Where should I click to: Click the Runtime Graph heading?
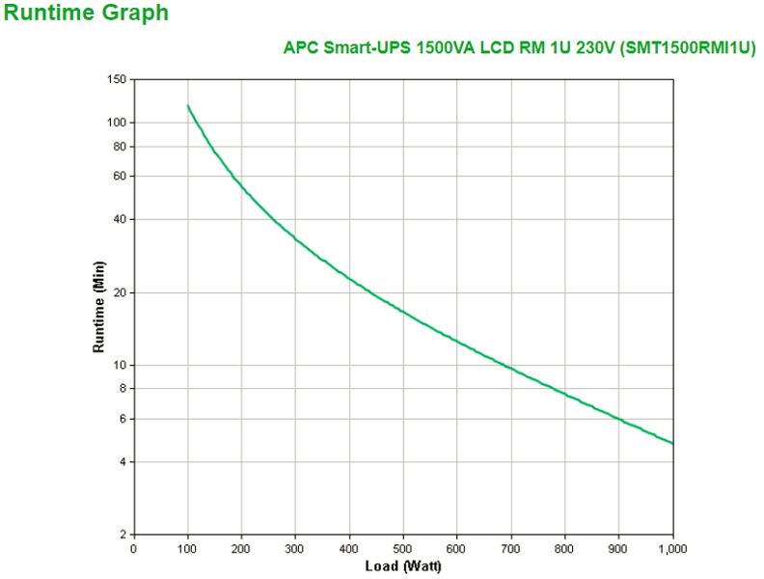[x=86, y=14]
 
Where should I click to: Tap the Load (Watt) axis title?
[x=403, y=565]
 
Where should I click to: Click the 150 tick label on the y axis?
[x=118, y=79]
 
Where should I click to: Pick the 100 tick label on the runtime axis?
[x=118, y=123]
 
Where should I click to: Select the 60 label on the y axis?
[x=121, y=176]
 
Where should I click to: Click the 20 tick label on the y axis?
[x=121, y=292]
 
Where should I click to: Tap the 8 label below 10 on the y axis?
[x=123, y=388]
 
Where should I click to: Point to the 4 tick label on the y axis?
[x=123, y=462]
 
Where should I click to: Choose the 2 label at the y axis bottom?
[x=123, y=535]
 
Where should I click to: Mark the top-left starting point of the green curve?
[x=188, y=106]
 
